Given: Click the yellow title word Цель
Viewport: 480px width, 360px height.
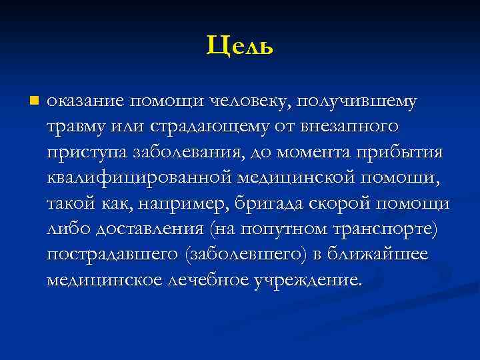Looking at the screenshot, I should (240, 45).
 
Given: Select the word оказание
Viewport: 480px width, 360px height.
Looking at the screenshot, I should (85, 102).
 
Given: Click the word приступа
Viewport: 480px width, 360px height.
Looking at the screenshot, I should (79, 151).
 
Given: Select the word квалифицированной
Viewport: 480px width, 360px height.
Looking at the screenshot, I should (139, 177).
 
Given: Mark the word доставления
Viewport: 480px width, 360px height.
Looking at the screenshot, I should (151, 229).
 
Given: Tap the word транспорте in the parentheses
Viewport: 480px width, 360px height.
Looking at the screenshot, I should (381, 229).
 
